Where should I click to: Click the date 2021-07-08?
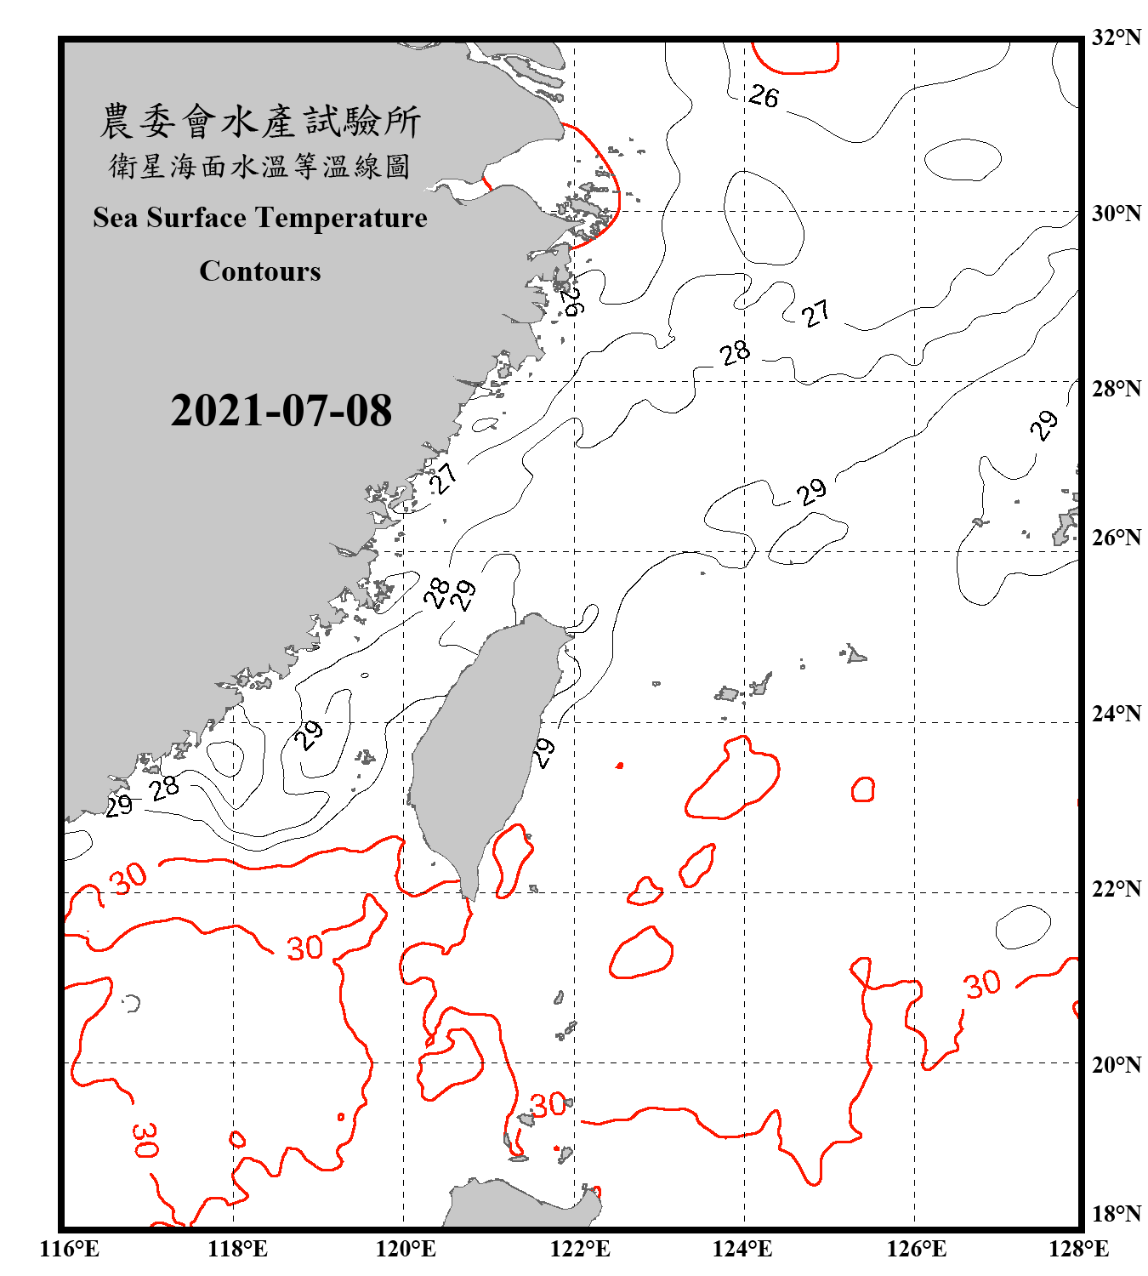coord(281,411)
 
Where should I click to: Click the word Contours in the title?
coord(260,271)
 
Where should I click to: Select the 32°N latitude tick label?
coord(1116,37)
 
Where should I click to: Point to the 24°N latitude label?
coord(1116,713)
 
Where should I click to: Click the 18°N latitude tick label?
coord(1116,1213)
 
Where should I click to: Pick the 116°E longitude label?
coord(70,1249)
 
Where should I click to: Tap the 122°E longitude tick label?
coord(580,1249)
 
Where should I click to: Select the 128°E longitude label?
coord(1078,1249)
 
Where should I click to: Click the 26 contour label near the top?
coord(764,97)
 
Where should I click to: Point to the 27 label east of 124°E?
coord(816,314)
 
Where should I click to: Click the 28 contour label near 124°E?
coord(735,353)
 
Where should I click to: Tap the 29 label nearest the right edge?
coord(1044,424)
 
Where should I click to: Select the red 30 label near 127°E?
coord(983,985)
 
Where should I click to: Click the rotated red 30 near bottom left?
coord(145,1140)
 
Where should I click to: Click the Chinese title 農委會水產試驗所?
coord(260,122)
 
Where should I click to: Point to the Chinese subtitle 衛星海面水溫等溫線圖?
coord(260,167)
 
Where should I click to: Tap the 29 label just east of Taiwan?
coord(544,753)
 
